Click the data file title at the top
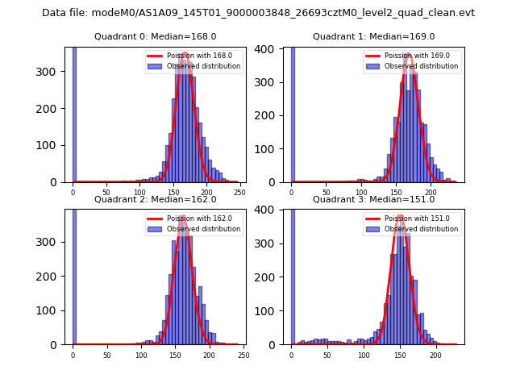coord(258,13)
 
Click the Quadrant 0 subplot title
coord(155,36)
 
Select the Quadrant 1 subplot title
coord(373,36)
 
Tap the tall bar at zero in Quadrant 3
coord(292,274)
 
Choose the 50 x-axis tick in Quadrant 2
coord(107,355)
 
